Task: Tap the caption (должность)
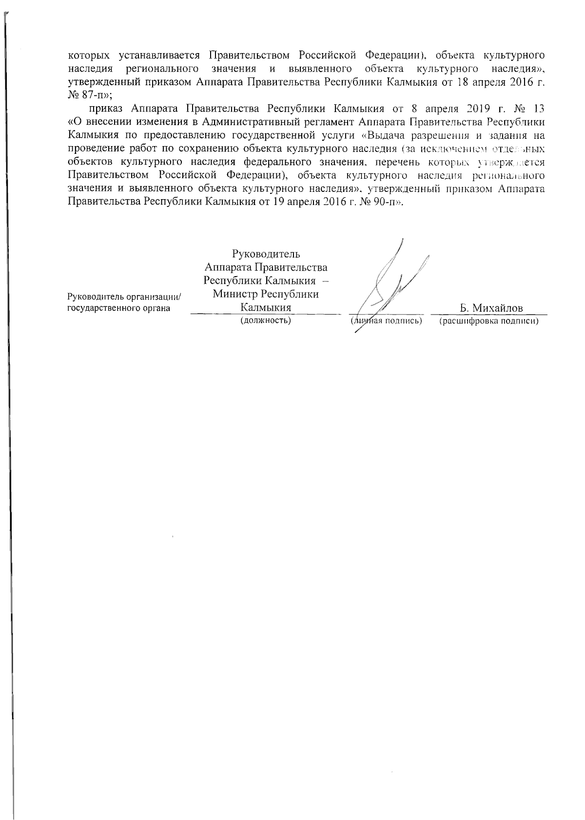coord(266,321)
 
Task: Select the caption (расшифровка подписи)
coord(489,321)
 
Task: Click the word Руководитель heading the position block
coord(266,254)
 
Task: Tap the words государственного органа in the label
coord(118,308)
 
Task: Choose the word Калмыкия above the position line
coord(266,308)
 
